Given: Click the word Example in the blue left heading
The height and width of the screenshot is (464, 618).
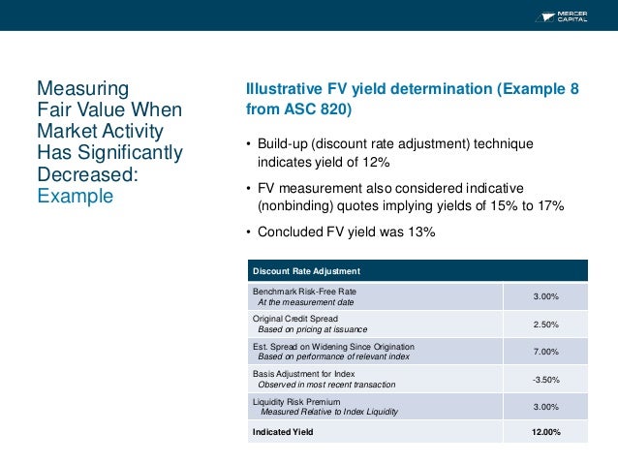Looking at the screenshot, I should pos(75,196).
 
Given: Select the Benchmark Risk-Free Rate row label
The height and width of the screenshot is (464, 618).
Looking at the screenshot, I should pos(304,292).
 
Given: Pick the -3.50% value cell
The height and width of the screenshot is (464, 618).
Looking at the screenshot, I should pos(545,379).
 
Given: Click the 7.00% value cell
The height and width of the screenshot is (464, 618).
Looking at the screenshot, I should pos(545,352).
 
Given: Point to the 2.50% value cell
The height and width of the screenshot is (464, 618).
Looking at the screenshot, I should pos(545,325).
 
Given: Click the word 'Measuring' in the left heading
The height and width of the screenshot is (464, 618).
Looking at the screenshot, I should pos(75,89).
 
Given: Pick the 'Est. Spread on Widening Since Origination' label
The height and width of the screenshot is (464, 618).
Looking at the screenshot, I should pos(333,346).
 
